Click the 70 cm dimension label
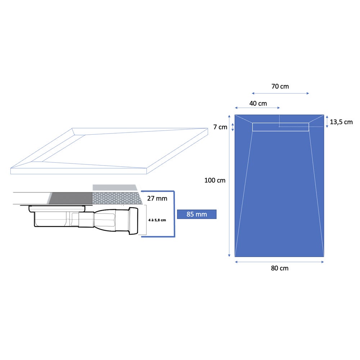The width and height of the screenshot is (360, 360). [280, 86]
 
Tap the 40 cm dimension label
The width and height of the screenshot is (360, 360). [258, 104]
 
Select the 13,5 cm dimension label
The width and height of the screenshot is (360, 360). [341, 122]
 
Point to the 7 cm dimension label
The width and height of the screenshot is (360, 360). [220, 127]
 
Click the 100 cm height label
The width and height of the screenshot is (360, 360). [215, 180]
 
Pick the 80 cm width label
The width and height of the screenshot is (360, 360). [280, 268]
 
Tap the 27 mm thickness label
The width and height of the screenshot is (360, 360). [157, 198]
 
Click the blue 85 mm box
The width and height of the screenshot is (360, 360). [197, 214]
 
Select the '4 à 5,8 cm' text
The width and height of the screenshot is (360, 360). [157, 220]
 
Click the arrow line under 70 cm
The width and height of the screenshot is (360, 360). [280, 94]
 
